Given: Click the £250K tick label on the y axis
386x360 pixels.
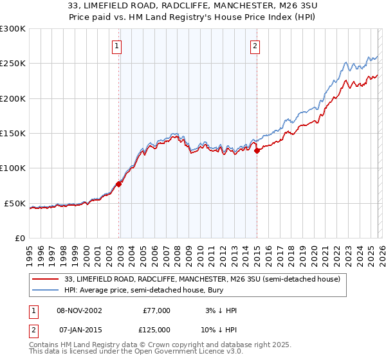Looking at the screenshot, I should pyautogui.click(x=13, y=64).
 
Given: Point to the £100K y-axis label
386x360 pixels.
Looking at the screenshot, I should pyautogui.click(x=13, y=168).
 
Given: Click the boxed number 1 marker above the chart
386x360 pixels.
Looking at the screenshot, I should pyautogui.click(x=116, y=46).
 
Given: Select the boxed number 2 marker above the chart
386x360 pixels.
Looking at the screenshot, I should pyautogui.click(x=255, y=46).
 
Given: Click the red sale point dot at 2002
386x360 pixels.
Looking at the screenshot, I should pyautogui.click(x=119, y=184).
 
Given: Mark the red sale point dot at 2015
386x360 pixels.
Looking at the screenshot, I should pyautogui.click(x=257, y=151).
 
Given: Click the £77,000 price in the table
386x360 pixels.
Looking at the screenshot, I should pyautogui.click(x=156, y=310).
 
